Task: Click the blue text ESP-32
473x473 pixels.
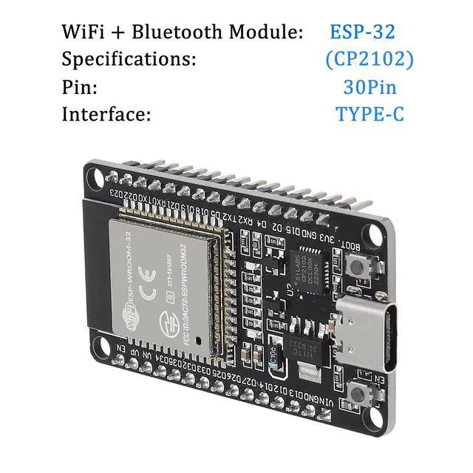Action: [x=362, y=32]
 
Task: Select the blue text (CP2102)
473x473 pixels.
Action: [x=369, y=59]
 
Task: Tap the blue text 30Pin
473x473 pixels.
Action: [x=370, y=87]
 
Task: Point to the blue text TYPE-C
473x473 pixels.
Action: [x=370, y=115]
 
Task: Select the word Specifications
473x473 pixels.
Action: [x=129, y=59]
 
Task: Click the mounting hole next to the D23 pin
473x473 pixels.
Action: [x=94, y=176]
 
